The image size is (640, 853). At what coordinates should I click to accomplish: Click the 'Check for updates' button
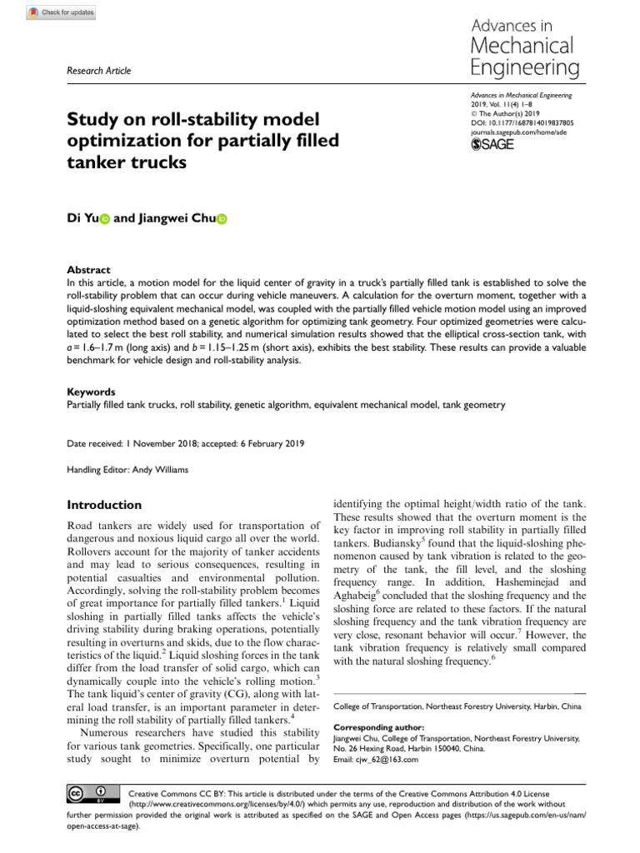(x=62, y=12)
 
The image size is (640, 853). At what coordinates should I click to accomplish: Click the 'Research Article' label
(x=98, y=71)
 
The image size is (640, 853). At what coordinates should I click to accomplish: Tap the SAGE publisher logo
(x=494, y=144)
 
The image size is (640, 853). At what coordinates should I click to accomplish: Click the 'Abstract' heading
(x=88, y=270)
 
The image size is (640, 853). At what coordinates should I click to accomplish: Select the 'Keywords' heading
(x=91, y=392)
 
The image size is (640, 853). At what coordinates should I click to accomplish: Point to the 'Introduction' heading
(x=104, y=505)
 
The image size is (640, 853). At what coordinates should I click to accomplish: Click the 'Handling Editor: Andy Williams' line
(x=127, y=470)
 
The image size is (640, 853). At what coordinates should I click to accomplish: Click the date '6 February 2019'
(x=274, y=444)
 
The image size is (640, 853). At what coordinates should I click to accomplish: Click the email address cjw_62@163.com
(x=387, y=759)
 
